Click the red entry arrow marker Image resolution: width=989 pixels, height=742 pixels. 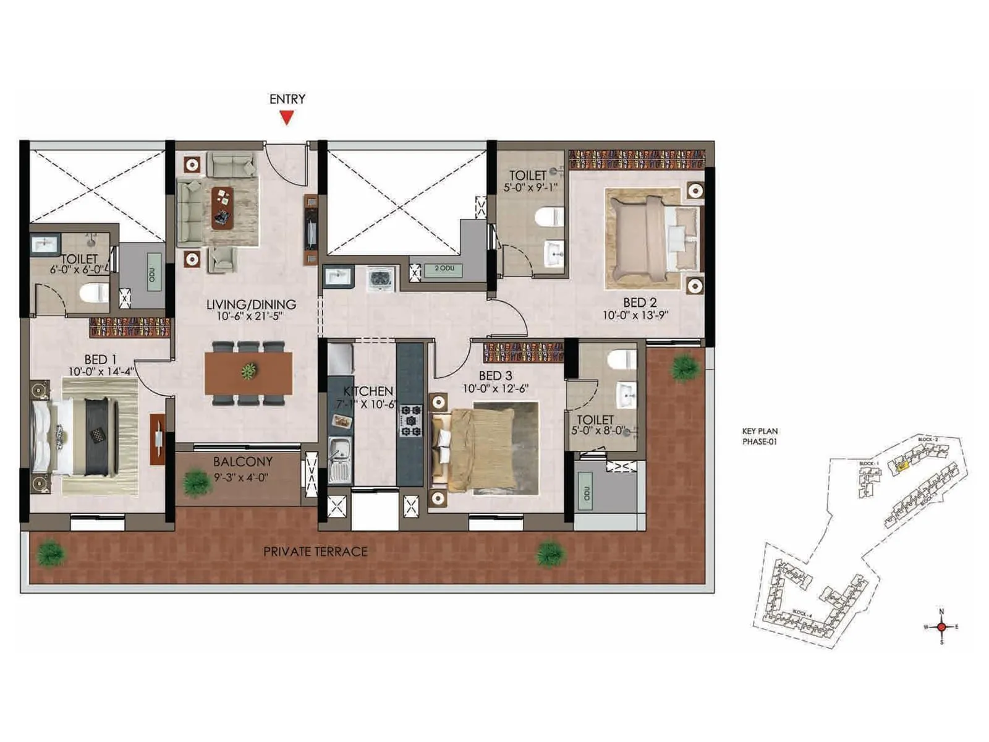pyautogui.click(x=286, y=117)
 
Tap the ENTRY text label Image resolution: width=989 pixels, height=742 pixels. pyautogui.click(x=287, y=99)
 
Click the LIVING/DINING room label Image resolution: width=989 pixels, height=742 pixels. pyautogui.click(x=251, y=304)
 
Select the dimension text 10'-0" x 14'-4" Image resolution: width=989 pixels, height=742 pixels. pyautogui.click(x=101, y=372)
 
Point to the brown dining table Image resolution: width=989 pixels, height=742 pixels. pyautogui.click(x=248, y=372)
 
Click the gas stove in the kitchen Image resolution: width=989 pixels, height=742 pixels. pyautogui.click(x=410, y=420)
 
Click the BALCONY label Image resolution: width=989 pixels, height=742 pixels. pyautogui.click(x=242, y=462)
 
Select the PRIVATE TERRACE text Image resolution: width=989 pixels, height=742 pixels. pyautogui.click(x=315, y=552)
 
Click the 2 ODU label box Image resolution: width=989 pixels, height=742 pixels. pyautogui.click(x=444, y=268)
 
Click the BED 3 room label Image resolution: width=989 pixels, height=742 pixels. pyautogui.click(x=495, y=376)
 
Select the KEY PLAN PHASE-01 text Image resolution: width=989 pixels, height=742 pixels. pyautogui.click(x=760, y=436)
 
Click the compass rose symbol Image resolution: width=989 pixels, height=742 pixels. pyautogui.click(x=941, y=626)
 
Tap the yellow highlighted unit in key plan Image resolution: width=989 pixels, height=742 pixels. pyautogui.click(x=902, y=466)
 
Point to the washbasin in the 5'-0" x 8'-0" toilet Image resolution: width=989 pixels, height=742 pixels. pyautogui.click(x=627, y=396)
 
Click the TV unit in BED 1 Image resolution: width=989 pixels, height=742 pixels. pyautogui.click(x=158, y=439)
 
